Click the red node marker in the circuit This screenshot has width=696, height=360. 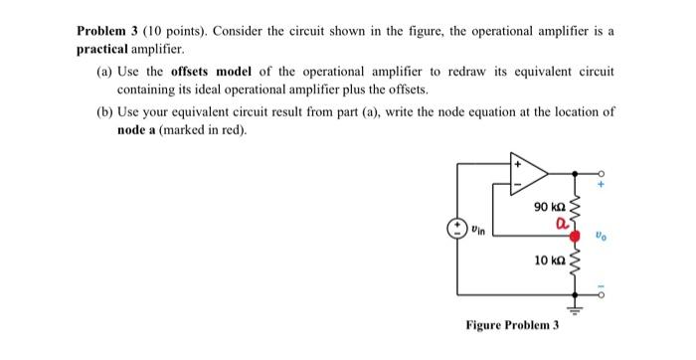click(574, 236)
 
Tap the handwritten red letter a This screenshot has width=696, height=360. click(561, 225)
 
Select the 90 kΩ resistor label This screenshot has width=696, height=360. click(548, 208)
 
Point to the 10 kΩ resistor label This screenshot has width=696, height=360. click(548, 260)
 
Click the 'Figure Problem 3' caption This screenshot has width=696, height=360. click(512, 325)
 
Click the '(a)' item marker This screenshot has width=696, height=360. click(103, 73)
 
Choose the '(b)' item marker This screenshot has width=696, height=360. click(103, 112)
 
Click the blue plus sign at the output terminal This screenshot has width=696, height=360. click(602, 185)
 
